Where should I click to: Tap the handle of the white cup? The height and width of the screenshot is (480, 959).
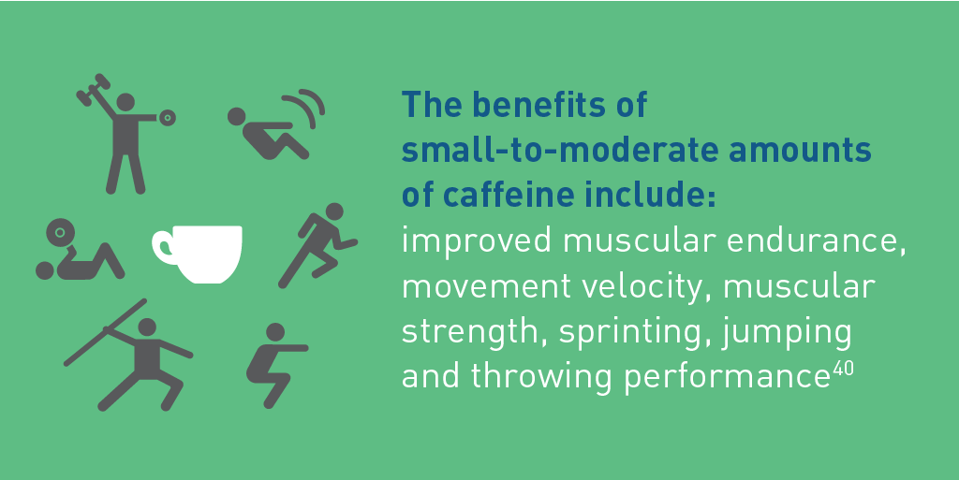pos(163,248)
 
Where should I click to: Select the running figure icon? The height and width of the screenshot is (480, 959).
pos(318,245)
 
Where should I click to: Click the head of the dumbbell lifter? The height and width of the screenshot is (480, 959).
pos(125,102)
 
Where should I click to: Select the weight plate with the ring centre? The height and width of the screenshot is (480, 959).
pos(60,233)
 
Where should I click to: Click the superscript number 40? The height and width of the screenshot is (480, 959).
pos(843,370)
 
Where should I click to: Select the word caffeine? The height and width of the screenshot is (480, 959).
pos(505,195)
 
